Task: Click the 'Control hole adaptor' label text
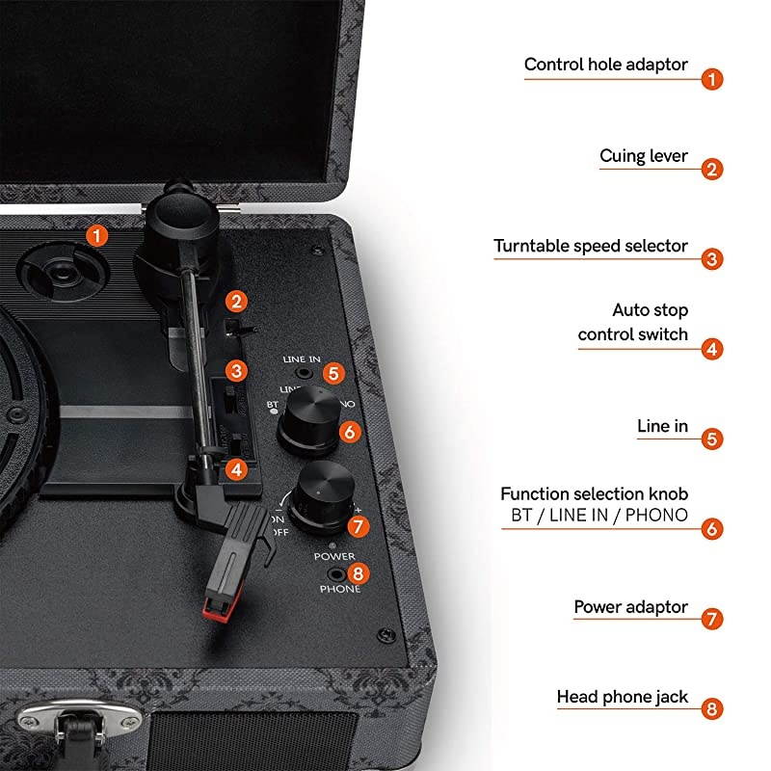click(x=605, y=65)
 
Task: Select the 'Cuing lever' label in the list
click(x=643, y=156)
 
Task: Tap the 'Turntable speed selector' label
click(x=591, y=246)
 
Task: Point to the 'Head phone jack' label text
click(x=622, y=696)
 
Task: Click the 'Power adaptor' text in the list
click(x=630, y=607)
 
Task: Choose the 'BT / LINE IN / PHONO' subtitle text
click(x=598, y=515)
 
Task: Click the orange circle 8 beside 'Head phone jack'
click(x=711, y=709)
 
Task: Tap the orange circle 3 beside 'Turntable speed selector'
click(x=711, y=259)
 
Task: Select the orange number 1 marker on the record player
click(x=96, y=234)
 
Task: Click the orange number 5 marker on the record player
click(x=332, y=372)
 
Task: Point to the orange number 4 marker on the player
click(x=236, y=470)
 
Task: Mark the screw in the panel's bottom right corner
click(x=385, y=635)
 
